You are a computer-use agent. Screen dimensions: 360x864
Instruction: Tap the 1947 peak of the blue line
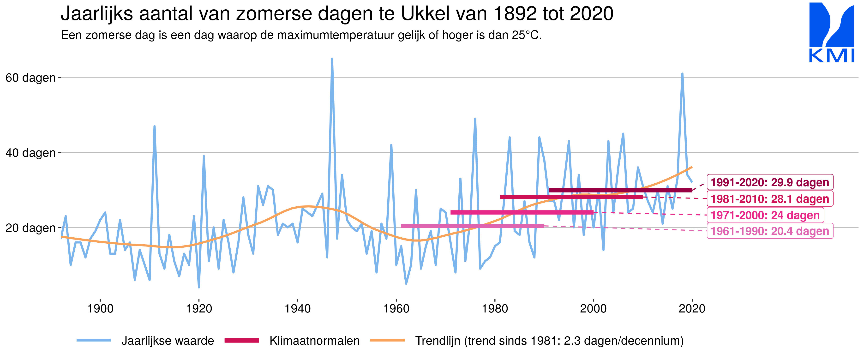pyautogui.click(x=332, y=59)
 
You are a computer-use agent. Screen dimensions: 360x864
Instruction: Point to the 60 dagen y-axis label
pyautogui.click(x=30, y=78)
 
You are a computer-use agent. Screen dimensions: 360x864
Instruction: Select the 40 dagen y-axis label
pyautogui.click(x=30, y=153)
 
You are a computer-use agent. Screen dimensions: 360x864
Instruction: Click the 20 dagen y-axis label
pyautogui.click(x=30, y=228)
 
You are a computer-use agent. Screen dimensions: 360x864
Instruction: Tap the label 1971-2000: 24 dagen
pyautogui.click(x=765, y=215)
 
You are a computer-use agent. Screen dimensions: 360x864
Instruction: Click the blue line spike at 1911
pyautogui.click(x=154, y=126)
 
